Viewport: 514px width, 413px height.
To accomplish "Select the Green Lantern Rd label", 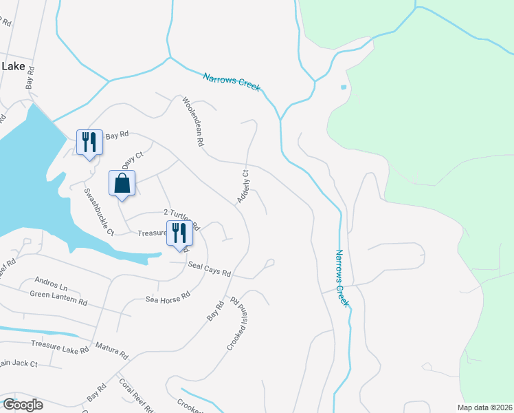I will click(x=58, y=298).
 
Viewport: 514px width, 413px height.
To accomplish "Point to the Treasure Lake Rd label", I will click(x=60, y=348).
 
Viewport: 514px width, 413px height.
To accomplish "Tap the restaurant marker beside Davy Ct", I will click(x=89, y=143).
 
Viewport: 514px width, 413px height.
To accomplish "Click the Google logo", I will click(x=23, y=405).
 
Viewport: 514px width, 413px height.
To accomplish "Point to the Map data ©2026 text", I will click(x=484, y=407).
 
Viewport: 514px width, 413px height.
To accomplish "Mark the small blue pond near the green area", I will click(x=343, y=88).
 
